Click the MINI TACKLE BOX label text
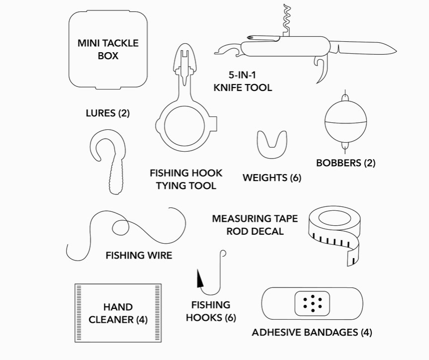[x=108, y=49]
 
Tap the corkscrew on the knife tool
[x=287, y=20]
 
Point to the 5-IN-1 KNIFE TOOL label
[x=243, y=82]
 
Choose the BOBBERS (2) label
[x=345, y=163]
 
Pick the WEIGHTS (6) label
[x=271, y=178]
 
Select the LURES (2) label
[x=107, y=113]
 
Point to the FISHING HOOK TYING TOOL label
[x=186, y=180]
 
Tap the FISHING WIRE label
[x=139, y=256]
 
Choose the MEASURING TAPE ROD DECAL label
[x=255, y=225]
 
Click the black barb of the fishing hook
[x=200, y=279]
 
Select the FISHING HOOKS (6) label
[x=211, y=311]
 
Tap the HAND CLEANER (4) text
[x=118, y=313]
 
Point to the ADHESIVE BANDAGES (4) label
[x=312, y=333]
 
